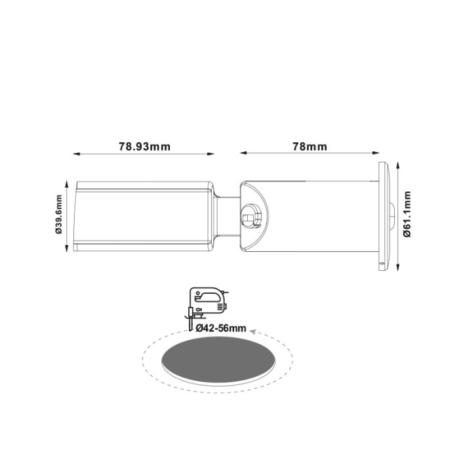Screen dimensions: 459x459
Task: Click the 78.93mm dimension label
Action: click(144, 146)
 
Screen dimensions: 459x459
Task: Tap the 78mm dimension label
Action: click(309, 146)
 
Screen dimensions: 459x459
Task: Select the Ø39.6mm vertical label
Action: click(58, 214)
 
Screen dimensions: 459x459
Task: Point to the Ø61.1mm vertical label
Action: click(407, 214)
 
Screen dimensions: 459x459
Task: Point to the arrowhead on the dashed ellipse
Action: click(254, 332)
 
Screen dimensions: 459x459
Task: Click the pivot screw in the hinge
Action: click(249, 214)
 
